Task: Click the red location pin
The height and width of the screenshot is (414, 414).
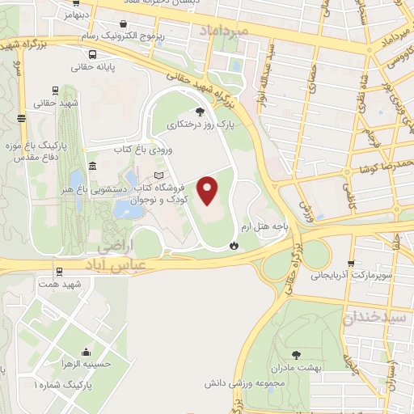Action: pyautogui.click(x=209, y=190)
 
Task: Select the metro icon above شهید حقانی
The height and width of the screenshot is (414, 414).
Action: pyautogui.click(x=55, y=91)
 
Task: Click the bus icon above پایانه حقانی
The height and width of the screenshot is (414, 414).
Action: pyautogui.click(x=94, y=54)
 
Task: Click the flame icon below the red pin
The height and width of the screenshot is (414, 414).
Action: pyautogui.click(x=234, y=244)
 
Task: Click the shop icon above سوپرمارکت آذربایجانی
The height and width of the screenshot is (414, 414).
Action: pyautogui.click(x=350, y=263)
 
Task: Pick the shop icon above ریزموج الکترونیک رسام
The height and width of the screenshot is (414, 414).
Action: pyautogui.click(x=122, y=24)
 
